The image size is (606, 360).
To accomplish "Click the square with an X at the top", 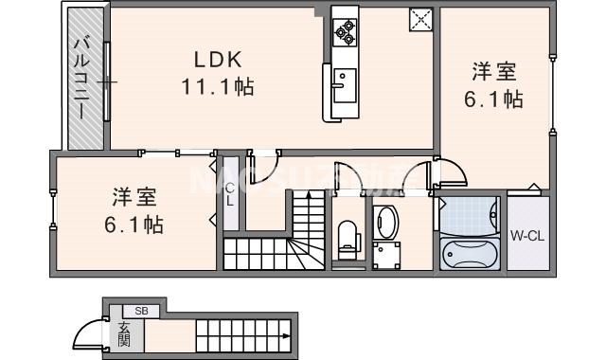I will click(x=419, y=20).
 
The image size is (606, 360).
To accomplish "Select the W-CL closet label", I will click(x=526, y=235).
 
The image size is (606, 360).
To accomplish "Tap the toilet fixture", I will click(x=348, y=236).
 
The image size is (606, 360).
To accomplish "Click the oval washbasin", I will click(x=386, y=223).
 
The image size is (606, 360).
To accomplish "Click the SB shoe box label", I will click(x=140, y=310).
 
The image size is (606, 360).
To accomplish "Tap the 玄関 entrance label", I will click(x=124, y=333).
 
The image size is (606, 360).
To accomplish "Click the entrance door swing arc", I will click(x=90, y=333).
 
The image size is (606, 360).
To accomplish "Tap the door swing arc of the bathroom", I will click(x=452, y=171).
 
